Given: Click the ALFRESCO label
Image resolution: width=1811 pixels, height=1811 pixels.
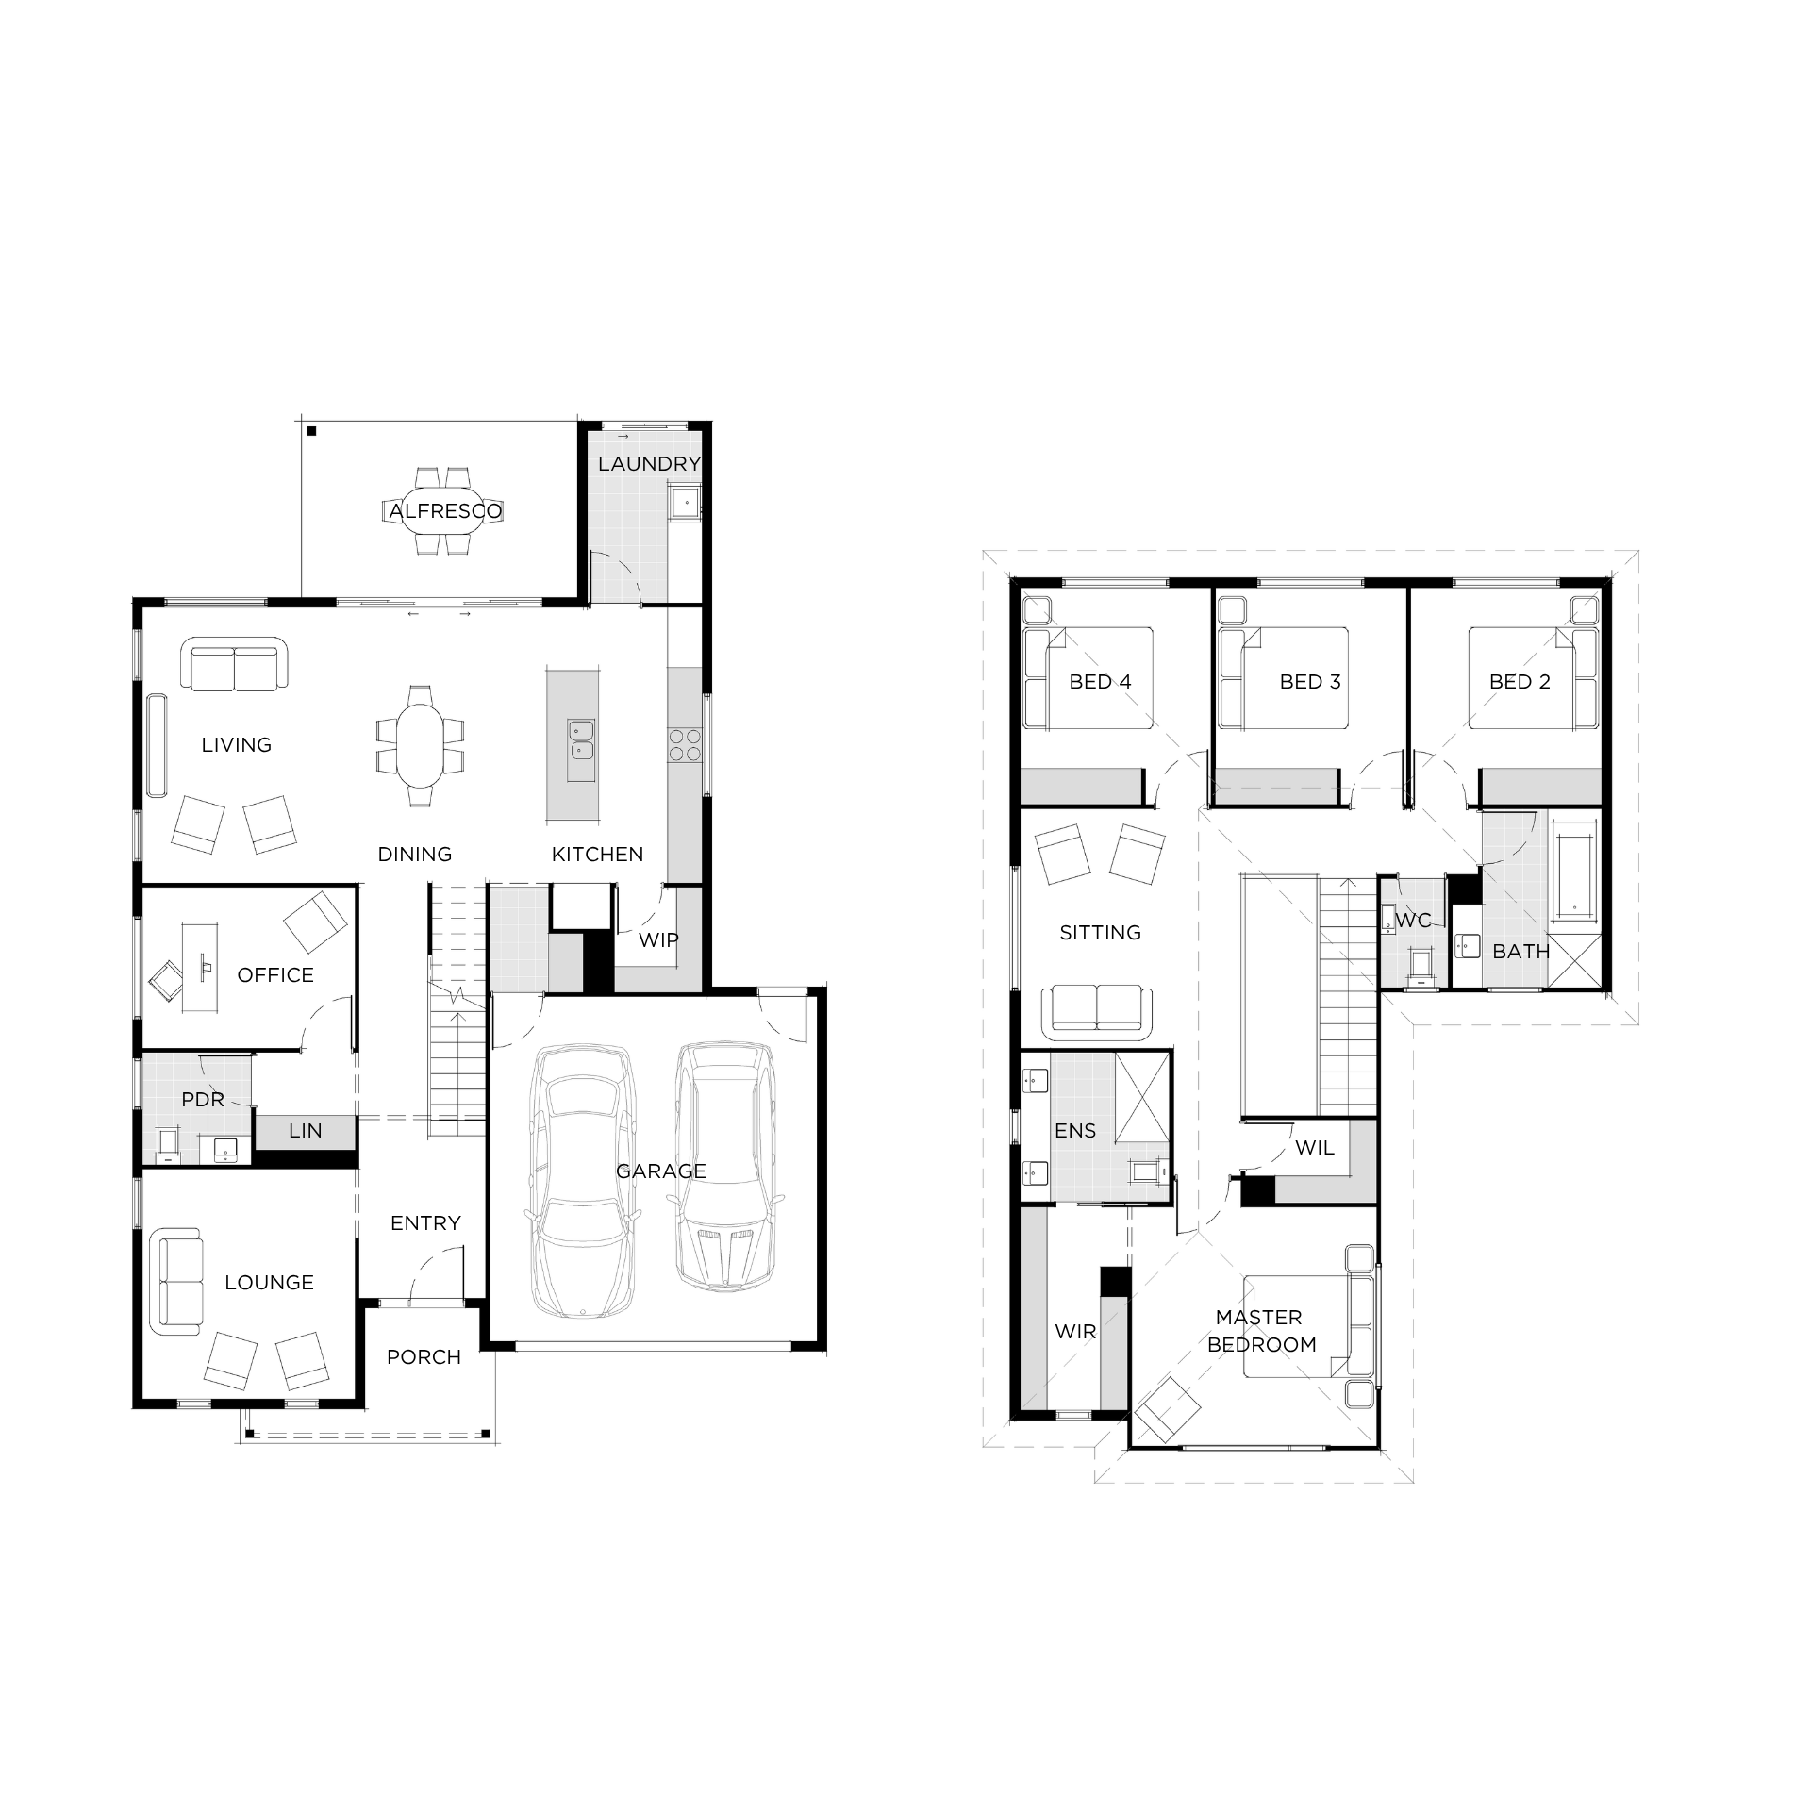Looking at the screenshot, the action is (x=446, y=511).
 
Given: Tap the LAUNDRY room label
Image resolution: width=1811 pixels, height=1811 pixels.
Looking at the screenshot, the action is (x=649, y=463).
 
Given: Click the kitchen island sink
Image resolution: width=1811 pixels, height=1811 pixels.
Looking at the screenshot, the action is (x=581, y=740).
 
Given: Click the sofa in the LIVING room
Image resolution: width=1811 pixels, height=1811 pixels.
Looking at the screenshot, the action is (x=234, y=664).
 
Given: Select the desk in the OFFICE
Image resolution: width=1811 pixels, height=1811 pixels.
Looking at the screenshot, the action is (x=202, y=967).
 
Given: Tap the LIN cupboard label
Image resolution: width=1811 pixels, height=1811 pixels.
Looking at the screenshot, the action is (x=306, y=1130).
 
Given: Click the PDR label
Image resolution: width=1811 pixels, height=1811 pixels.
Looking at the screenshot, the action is (x=203, y=1100).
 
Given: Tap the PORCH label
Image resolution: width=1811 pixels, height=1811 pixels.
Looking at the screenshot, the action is (x=424, y=1357).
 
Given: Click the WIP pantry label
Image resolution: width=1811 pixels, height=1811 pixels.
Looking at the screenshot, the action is (x=658, y=939).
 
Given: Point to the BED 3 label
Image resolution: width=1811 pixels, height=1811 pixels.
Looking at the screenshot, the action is (x=1310, y=682).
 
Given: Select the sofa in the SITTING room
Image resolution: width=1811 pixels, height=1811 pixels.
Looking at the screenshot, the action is (x=1096, y=1012).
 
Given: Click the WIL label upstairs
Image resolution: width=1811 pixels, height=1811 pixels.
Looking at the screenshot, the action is (x=1315, y=1148).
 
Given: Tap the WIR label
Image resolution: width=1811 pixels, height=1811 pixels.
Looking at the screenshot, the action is (x=1075, y=1332).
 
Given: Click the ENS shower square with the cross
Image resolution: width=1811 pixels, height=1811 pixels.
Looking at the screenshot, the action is (x=1142, y=1098).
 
